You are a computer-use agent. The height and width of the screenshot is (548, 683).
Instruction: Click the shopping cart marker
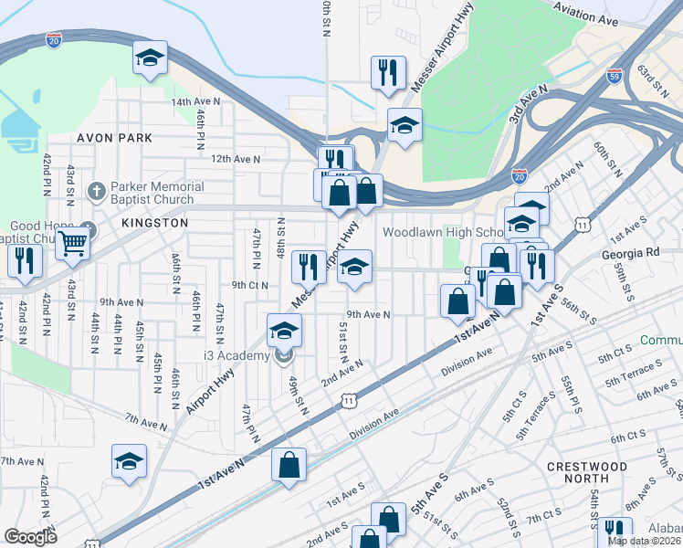coord(72,244)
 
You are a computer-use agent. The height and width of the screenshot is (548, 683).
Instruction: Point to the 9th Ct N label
coord(249,284)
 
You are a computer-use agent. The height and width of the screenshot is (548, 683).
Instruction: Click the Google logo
coord(30,537)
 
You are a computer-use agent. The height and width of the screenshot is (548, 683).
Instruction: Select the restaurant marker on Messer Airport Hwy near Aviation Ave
coord(387,72)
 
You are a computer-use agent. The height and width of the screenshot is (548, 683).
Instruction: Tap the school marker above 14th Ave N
coord(150,58)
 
